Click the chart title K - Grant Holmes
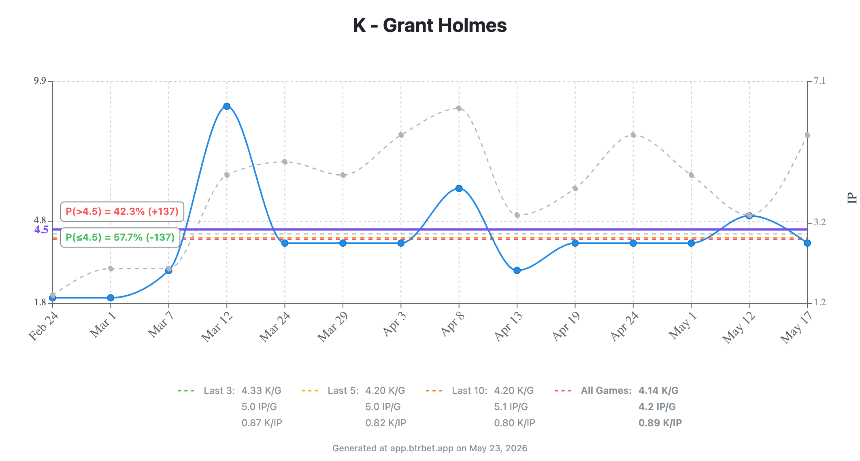click(430, 25)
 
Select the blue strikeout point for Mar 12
click(227, 106)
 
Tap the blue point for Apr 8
click(459, 188)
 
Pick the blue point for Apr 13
click(517, 271)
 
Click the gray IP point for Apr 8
click(459, 108)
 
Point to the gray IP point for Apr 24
click(633, 135)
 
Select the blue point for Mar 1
click(111, 298)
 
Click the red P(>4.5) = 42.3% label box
click(122, 211)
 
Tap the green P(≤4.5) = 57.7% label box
click(120, 237)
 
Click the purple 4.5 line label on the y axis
click(41, 230)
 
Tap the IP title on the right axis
click(852, 198)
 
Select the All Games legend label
click(606, 391)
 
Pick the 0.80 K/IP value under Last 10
click(515, 423)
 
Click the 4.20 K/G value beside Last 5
click(385, 391)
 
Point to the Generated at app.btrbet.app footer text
click(430, 448)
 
